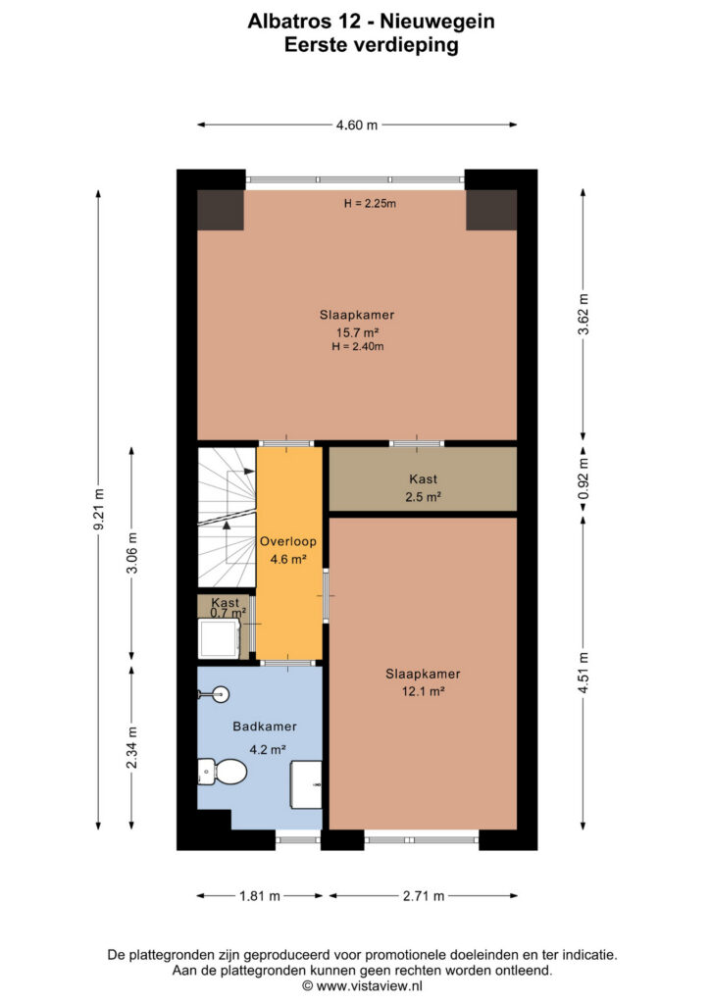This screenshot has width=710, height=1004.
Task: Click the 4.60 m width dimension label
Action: pos(357,125)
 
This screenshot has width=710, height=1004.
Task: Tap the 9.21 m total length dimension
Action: pos(99,509)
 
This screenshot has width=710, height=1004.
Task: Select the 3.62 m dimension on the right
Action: pos(583,314)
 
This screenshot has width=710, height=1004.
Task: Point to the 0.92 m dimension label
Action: pos(583,479)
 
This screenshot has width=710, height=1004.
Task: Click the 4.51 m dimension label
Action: pos(583,673)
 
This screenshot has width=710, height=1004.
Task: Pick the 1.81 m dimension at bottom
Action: pos(259,896)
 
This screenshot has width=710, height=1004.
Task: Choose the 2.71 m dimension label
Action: pos(424,896)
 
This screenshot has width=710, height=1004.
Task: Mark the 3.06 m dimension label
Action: pos(131,553)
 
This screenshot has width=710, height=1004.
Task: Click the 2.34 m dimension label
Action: pos(131,748)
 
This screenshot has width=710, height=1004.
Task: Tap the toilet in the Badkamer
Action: pos(222,772)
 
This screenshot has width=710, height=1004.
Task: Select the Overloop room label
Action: pos(288,541)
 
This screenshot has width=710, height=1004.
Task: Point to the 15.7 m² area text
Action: pos(357,332)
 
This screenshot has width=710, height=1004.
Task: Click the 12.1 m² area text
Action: pos(424,691)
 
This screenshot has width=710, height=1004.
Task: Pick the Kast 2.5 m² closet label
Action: pos(424,487)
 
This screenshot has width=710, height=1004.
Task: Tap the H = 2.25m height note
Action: pos(370,204)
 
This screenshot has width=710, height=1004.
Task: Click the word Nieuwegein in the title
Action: pos(437,22)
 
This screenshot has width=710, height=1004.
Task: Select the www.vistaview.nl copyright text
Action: pos(362,986)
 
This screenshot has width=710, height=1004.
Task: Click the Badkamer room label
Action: pos(265,727)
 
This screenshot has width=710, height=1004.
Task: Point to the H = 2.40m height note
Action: pos(358,347)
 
